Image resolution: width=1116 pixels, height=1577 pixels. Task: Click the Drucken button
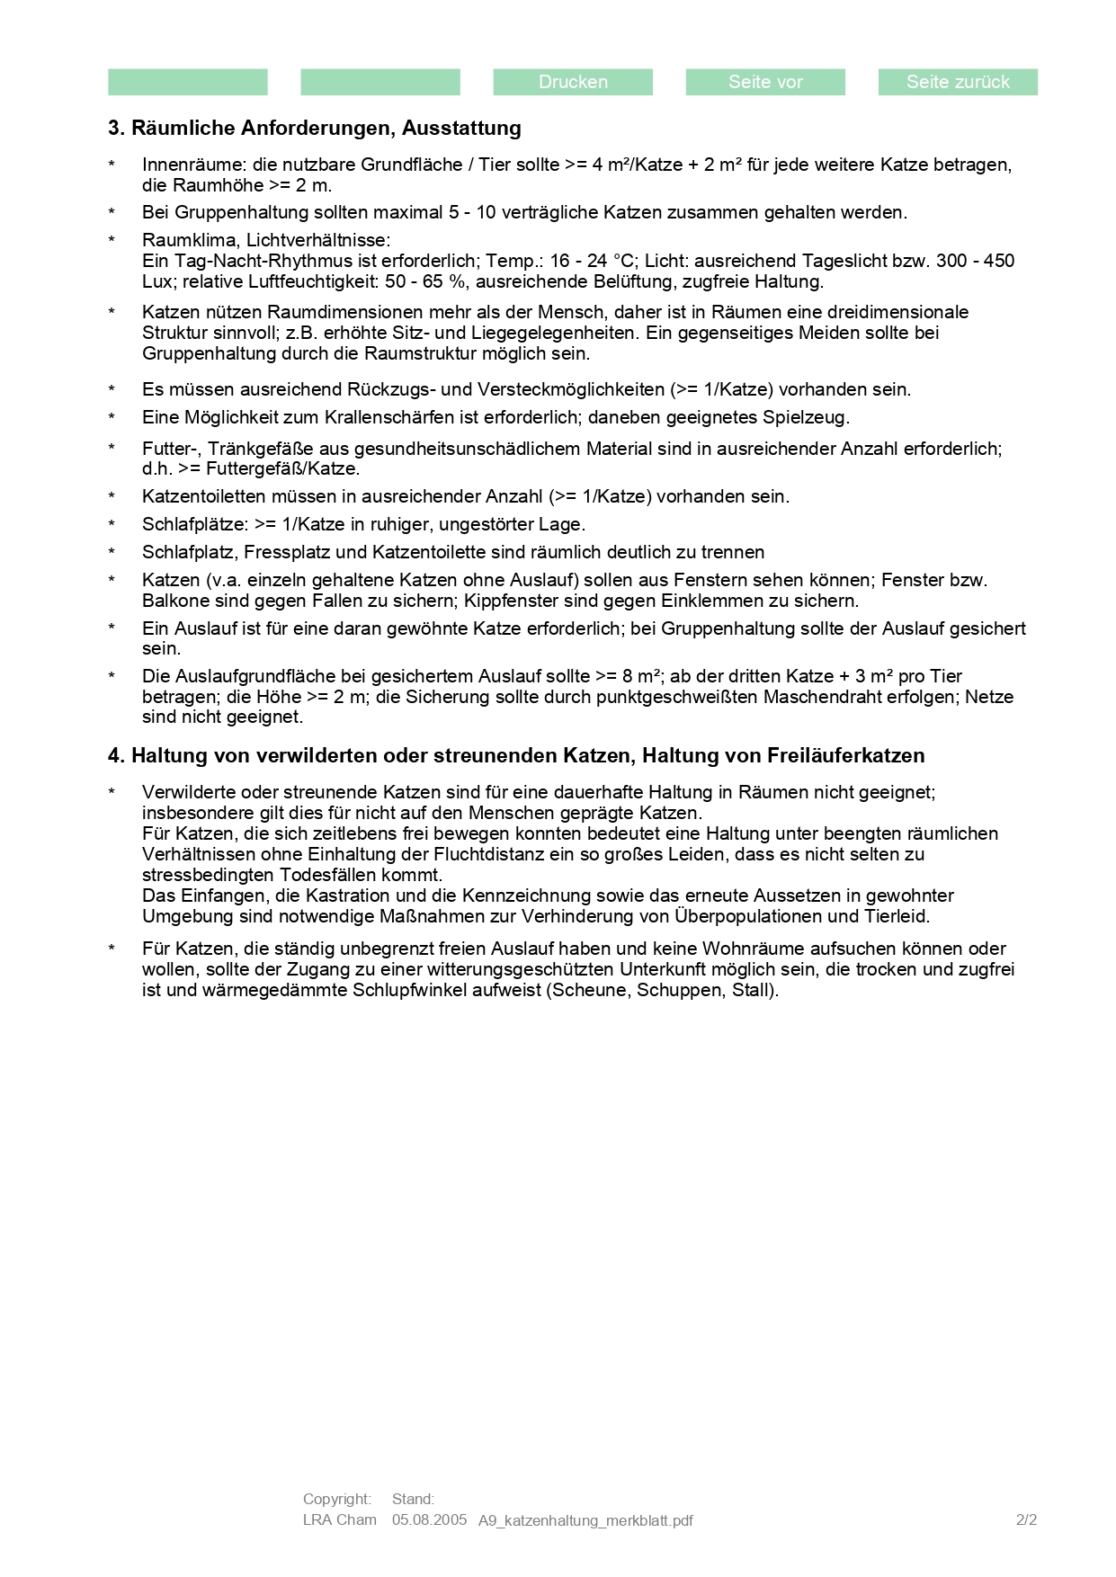point(573,82)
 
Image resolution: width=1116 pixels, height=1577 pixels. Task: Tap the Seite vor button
point(765,82)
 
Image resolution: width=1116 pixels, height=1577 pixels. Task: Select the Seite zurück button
point(958,82)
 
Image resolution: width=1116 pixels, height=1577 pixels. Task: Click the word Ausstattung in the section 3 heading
point(461,128)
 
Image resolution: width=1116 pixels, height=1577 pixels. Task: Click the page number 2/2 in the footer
point(1026,1519)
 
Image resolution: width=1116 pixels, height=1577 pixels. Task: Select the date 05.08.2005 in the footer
point(429,1519)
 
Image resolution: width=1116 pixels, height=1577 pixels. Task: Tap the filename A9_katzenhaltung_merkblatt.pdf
point(585,1520)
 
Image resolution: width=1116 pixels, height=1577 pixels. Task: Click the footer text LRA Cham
point(339,1519)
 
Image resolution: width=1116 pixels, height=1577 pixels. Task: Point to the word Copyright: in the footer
point(336,1499)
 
